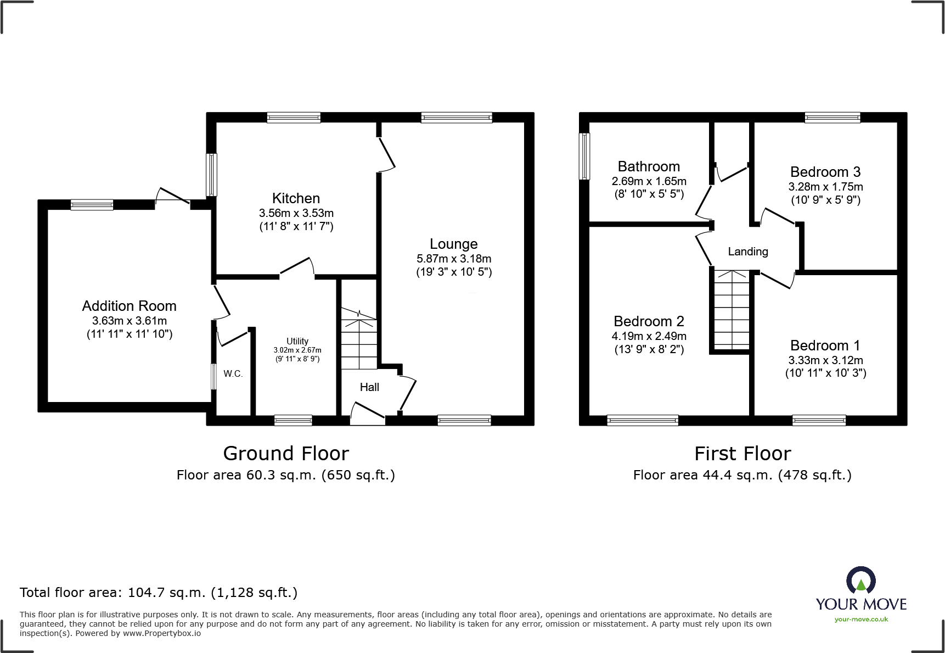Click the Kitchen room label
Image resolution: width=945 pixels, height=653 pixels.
pyautogui.click(x=296, y=198)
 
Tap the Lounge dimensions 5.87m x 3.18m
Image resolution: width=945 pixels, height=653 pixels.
pyautogui.click(x=454, y=259)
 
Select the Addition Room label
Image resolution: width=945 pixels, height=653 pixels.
pyautogui.click(x=130, y=306)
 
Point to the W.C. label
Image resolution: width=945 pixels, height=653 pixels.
pyautogui.click(x=233, y=373)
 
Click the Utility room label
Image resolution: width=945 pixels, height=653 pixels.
pyautogui.click(x=297, y=341)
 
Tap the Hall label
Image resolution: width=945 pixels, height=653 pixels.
pyautogui.click(x=369, y=387)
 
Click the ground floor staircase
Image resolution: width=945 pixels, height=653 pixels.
pyautogui.click(x=359, y=339)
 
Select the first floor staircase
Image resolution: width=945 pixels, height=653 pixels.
pyautogui.click(x=731, y=310)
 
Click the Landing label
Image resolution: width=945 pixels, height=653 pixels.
pyautogui.click(x=747, y=252)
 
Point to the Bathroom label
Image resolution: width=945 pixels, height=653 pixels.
pyautogui.click(x=649, y=166)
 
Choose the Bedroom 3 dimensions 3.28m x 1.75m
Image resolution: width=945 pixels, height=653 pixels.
pyautogui.click(x=825, y=187)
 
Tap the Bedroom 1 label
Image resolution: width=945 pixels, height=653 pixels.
pyautogui.click(x=825, y=345)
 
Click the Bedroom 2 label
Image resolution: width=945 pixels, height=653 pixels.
pyautogui.click(x=649, y=321)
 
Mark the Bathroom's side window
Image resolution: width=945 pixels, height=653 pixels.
pyautogui.click(x=585, y=157)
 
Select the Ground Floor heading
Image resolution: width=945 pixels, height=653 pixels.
pyautogui.click(x=286, y=454)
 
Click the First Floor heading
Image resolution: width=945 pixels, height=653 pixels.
pyautogui.click(x=743, y=454)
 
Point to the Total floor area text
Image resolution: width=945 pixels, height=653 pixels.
pyautogui.click(x=159, y=593)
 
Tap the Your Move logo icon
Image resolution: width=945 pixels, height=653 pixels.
pyautogui.click(x=860, y=581)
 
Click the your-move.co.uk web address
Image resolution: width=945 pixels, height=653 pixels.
pyautogui.click(x=861, y=619)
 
